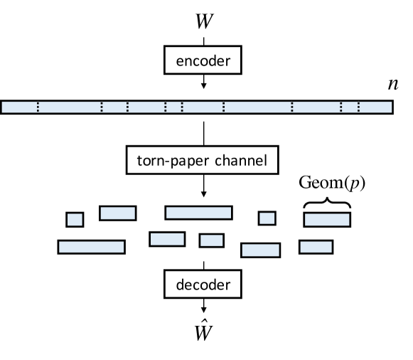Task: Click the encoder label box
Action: [x=203, y=61]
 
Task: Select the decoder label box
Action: [x=203, y=285]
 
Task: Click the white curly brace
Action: [x=327, y=206]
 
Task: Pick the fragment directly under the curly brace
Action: [x=327, y=220]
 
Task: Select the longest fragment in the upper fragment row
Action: [x=198, y=213]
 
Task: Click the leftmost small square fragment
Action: [x=75, y=219]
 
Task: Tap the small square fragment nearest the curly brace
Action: [x=267, y=218]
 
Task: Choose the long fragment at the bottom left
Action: [x=91, y=247]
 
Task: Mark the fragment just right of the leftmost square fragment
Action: [x=117, y=213]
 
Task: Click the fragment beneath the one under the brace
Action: [x=316, y=247]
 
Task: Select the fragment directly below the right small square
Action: [x=260, y=250]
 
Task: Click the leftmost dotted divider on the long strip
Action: [x=38, y=107]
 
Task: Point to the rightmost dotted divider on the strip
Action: [x=358, y=107]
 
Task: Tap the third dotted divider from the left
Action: [x=127, y=107]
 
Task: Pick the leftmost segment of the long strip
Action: [x=19, y=107]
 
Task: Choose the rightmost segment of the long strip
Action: [x=375, y=107]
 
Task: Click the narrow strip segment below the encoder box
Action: [x=173, y=107]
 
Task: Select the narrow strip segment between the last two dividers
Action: [x=349, y=107]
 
